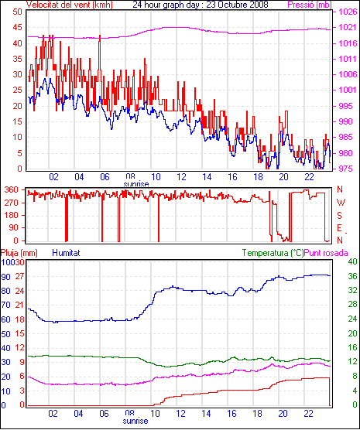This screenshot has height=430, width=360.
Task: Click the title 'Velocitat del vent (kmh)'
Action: pos(70,5)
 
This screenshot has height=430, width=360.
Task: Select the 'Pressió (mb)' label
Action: pos(310,5)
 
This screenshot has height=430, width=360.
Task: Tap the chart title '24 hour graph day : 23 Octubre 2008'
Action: pos(201,5)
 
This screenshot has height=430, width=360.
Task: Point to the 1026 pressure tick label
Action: pos(348,12)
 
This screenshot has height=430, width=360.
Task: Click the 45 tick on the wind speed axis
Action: pos(17,27)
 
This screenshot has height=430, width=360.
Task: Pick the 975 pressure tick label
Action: pos(348,169)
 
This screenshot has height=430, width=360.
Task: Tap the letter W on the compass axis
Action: pos(341,203)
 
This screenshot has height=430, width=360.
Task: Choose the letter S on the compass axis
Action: pos(340,216)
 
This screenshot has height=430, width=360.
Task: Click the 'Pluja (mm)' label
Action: pos(19,253)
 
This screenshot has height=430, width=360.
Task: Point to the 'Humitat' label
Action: pos(66,253)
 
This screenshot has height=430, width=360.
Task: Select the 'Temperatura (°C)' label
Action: pos(273,253)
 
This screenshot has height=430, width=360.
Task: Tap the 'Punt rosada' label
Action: pos(326,253)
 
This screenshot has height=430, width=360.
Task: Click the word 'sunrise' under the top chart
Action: pos(136,184)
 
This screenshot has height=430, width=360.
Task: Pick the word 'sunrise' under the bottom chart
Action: pos(135,421)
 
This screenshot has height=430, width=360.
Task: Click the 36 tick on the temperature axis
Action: pos(352,276)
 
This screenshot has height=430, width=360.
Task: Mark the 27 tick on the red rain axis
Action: pos(20,276)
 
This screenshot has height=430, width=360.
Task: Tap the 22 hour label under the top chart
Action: pos(309,177)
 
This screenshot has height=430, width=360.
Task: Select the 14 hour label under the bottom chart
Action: pos(206,414)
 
